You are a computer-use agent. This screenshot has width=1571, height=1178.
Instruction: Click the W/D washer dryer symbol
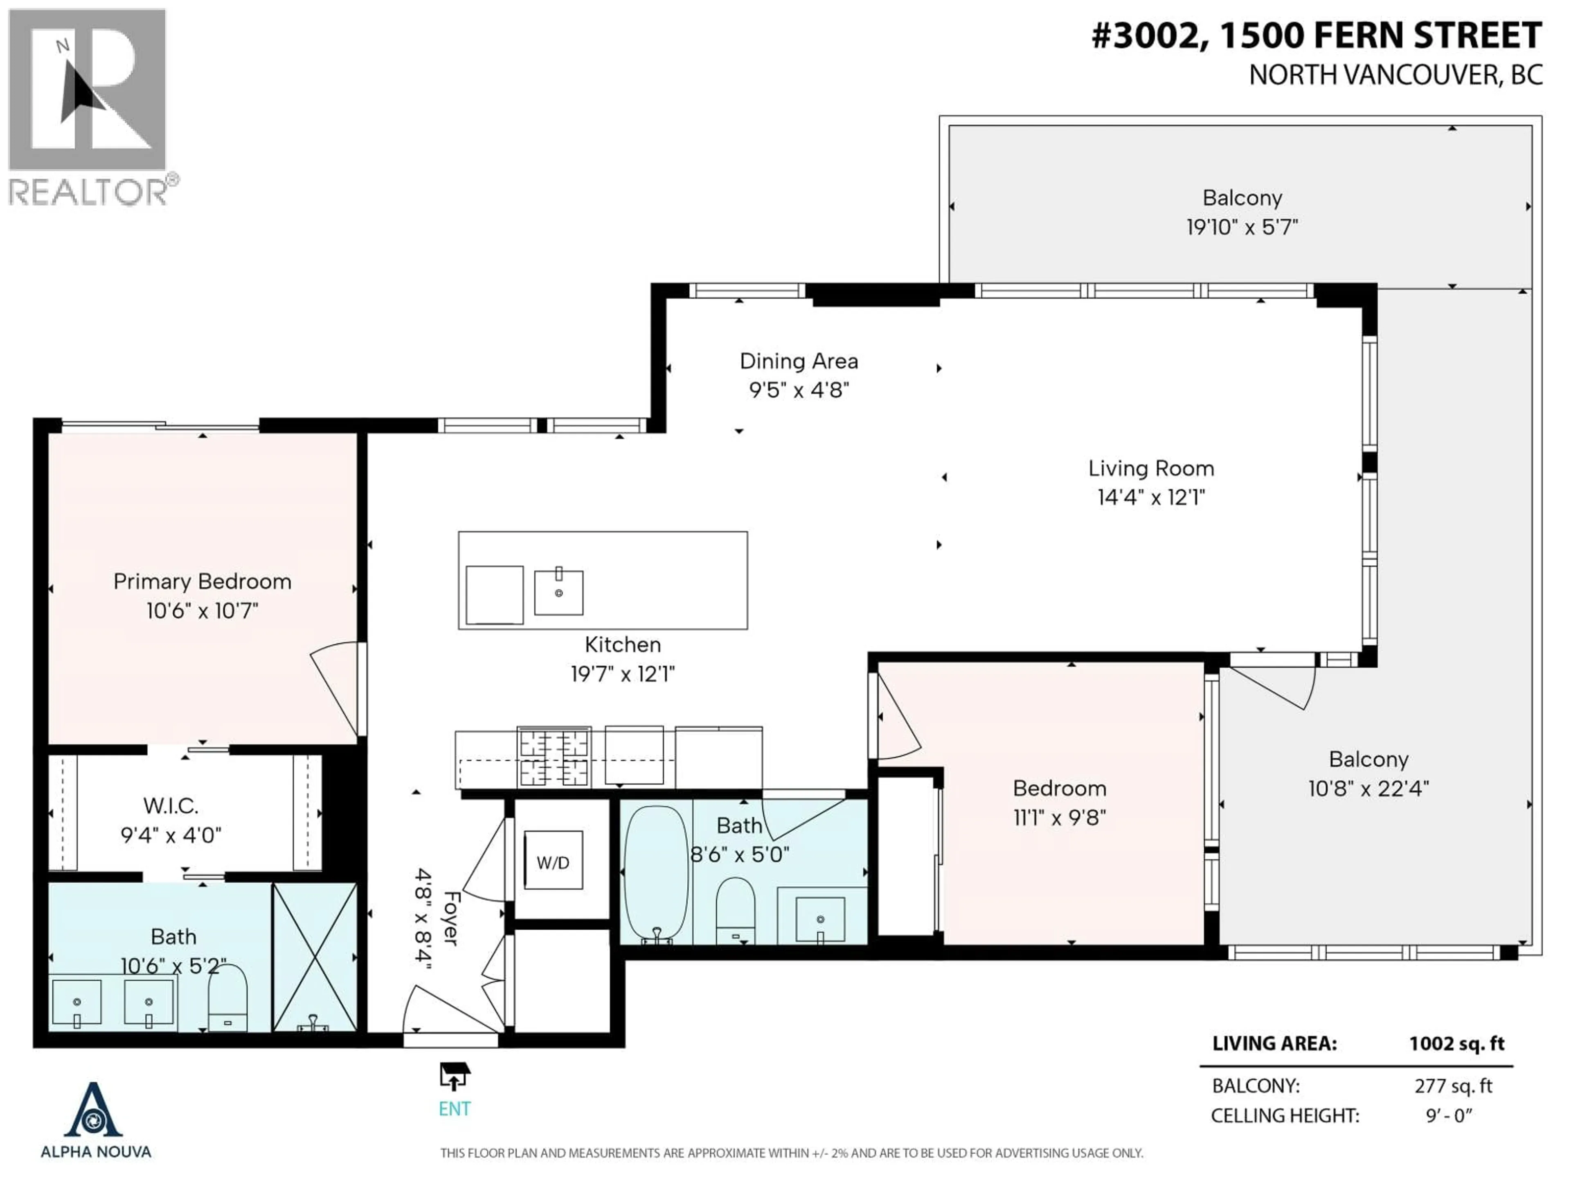(553, 862)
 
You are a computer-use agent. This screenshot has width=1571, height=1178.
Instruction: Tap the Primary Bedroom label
(203, 582)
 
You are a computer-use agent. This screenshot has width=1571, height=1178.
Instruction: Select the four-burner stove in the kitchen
(554, 757)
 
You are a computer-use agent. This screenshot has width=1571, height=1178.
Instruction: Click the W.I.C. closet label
(171, 805)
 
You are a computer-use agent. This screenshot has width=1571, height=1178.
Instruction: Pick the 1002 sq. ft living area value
(1457, 1043)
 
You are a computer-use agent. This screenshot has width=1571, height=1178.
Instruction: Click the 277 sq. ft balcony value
(1453, 1086)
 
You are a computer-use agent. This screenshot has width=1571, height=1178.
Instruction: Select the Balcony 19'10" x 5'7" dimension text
(1242, 227)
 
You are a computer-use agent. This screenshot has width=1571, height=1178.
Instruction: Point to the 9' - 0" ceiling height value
(1449, 1115)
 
